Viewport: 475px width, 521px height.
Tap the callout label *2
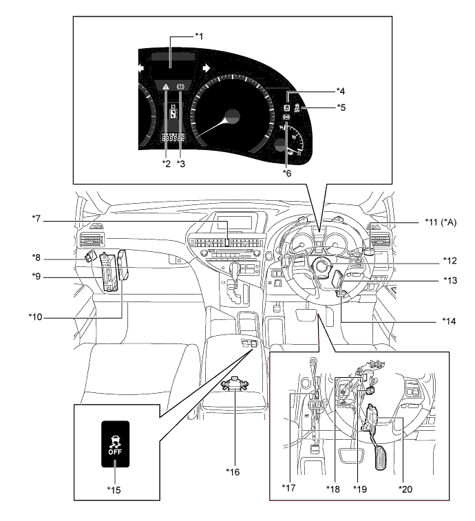(x=166, y=162)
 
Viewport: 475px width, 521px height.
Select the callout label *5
(x=341, y=107)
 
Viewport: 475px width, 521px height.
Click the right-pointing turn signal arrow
(x=205, y=68)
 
